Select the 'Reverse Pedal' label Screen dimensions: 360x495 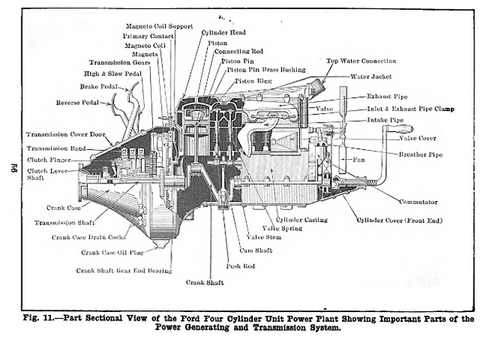pyautogui.click(x=77, y=102)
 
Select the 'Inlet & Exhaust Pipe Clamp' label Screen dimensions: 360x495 pyautogui.click(x=410, y=109)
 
